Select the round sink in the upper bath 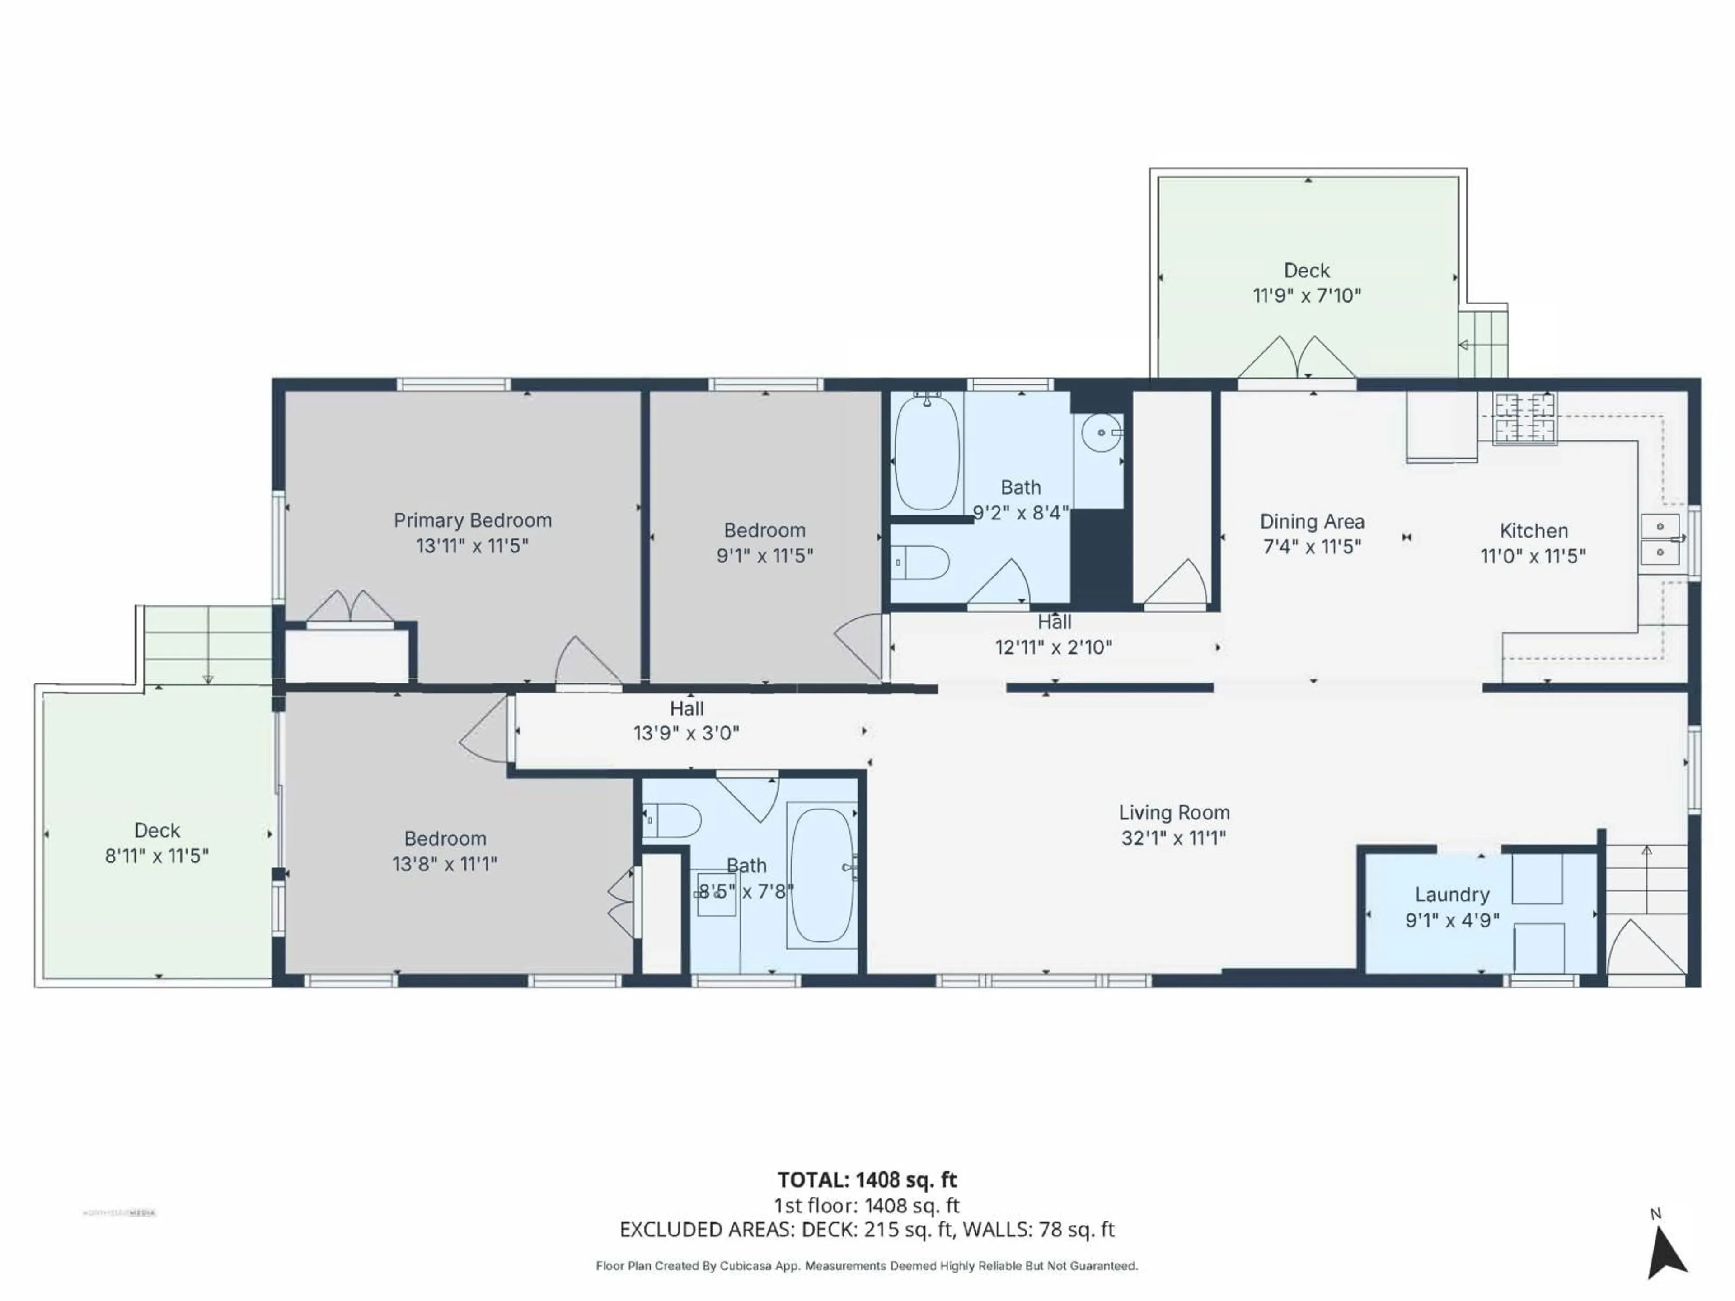tap(1101, 433)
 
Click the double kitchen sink tap(1660, 539)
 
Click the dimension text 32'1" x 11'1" tap(1173, 838)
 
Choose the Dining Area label tap(1312, 521)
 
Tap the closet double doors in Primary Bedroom tap(350, 607)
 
